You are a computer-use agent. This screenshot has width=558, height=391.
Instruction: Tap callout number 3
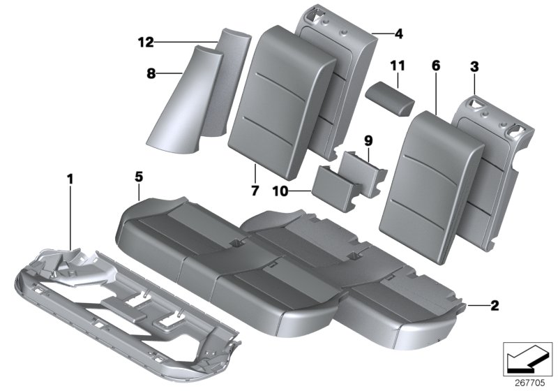[474, 68]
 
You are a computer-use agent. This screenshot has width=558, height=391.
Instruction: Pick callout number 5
[139, 177]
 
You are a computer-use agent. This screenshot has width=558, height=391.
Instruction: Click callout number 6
[436, 66]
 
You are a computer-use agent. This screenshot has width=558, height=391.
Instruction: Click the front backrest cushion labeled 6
[432, 175]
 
